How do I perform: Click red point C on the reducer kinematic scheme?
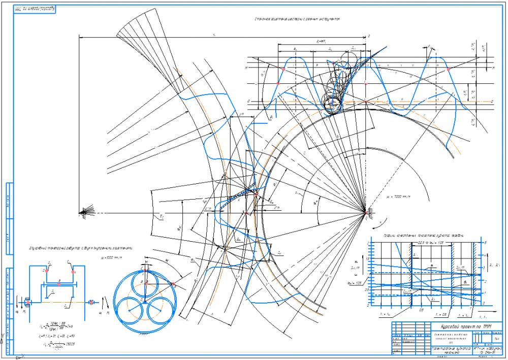(46, 271)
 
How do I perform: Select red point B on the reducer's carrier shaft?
(59, 284)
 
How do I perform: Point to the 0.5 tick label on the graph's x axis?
(421, 309)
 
